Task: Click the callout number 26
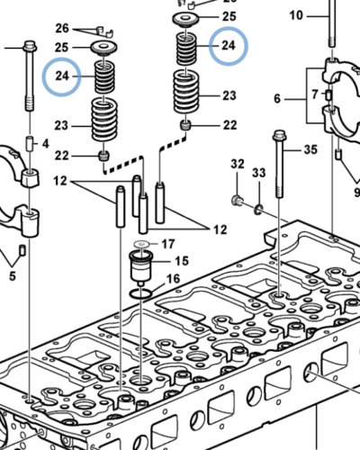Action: pos(62,29)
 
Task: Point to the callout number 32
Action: pos(238,164)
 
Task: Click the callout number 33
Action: pos(259,171)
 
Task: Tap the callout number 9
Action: pos(355,191)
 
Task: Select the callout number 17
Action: pos(167,243)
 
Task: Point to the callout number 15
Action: pos(182,261)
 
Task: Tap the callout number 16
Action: pos(174,280)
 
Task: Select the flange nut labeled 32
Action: pos(237,199)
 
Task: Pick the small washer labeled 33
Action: pos(257,208)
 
